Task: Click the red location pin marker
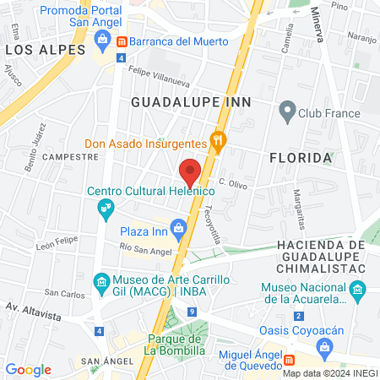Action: tap(191, 171)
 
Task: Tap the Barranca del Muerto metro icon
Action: tap(122, 41)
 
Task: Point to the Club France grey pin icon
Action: tap(287, 111)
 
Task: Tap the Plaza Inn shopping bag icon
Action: tap(178, 227)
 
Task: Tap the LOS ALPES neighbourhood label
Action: tap(46, 51)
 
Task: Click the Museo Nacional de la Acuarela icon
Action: tap(358, 292)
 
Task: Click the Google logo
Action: tap(28, 369)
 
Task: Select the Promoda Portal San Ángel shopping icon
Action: tap(102, 37)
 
